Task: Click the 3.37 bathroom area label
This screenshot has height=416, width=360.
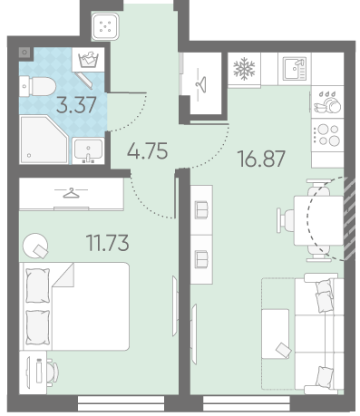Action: click(76, 105)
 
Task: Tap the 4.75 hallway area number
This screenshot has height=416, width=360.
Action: click(147, 151)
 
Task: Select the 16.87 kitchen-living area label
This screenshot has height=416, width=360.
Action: click(261, 159)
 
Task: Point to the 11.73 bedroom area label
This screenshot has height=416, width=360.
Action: click(108, 243)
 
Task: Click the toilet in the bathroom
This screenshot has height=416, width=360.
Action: click(37, 86)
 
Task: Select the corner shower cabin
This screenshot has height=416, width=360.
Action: click(44, 140)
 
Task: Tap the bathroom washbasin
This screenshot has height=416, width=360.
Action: click(88, 150)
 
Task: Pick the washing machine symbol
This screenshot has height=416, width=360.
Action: click(88, 60)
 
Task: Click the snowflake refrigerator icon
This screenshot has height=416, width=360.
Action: click(244, 69)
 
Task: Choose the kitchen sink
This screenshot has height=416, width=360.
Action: click(295, 69)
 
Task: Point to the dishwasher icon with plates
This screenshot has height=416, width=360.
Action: click(327, 102)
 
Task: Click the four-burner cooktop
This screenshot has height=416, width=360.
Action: click(327, 135)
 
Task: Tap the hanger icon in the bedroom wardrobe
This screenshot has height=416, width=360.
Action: click(71, 193)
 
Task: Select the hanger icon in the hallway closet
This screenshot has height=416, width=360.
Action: click(201, 82)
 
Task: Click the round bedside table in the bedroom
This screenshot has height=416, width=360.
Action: click(35, 246)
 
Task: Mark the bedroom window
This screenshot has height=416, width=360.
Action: click(121, 403)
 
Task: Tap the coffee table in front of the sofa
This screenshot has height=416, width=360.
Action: click(276, 334)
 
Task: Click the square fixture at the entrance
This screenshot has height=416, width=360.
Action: click(105, 27)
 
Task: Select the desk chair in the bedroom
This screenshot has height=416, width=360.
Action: click(53, 372)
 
